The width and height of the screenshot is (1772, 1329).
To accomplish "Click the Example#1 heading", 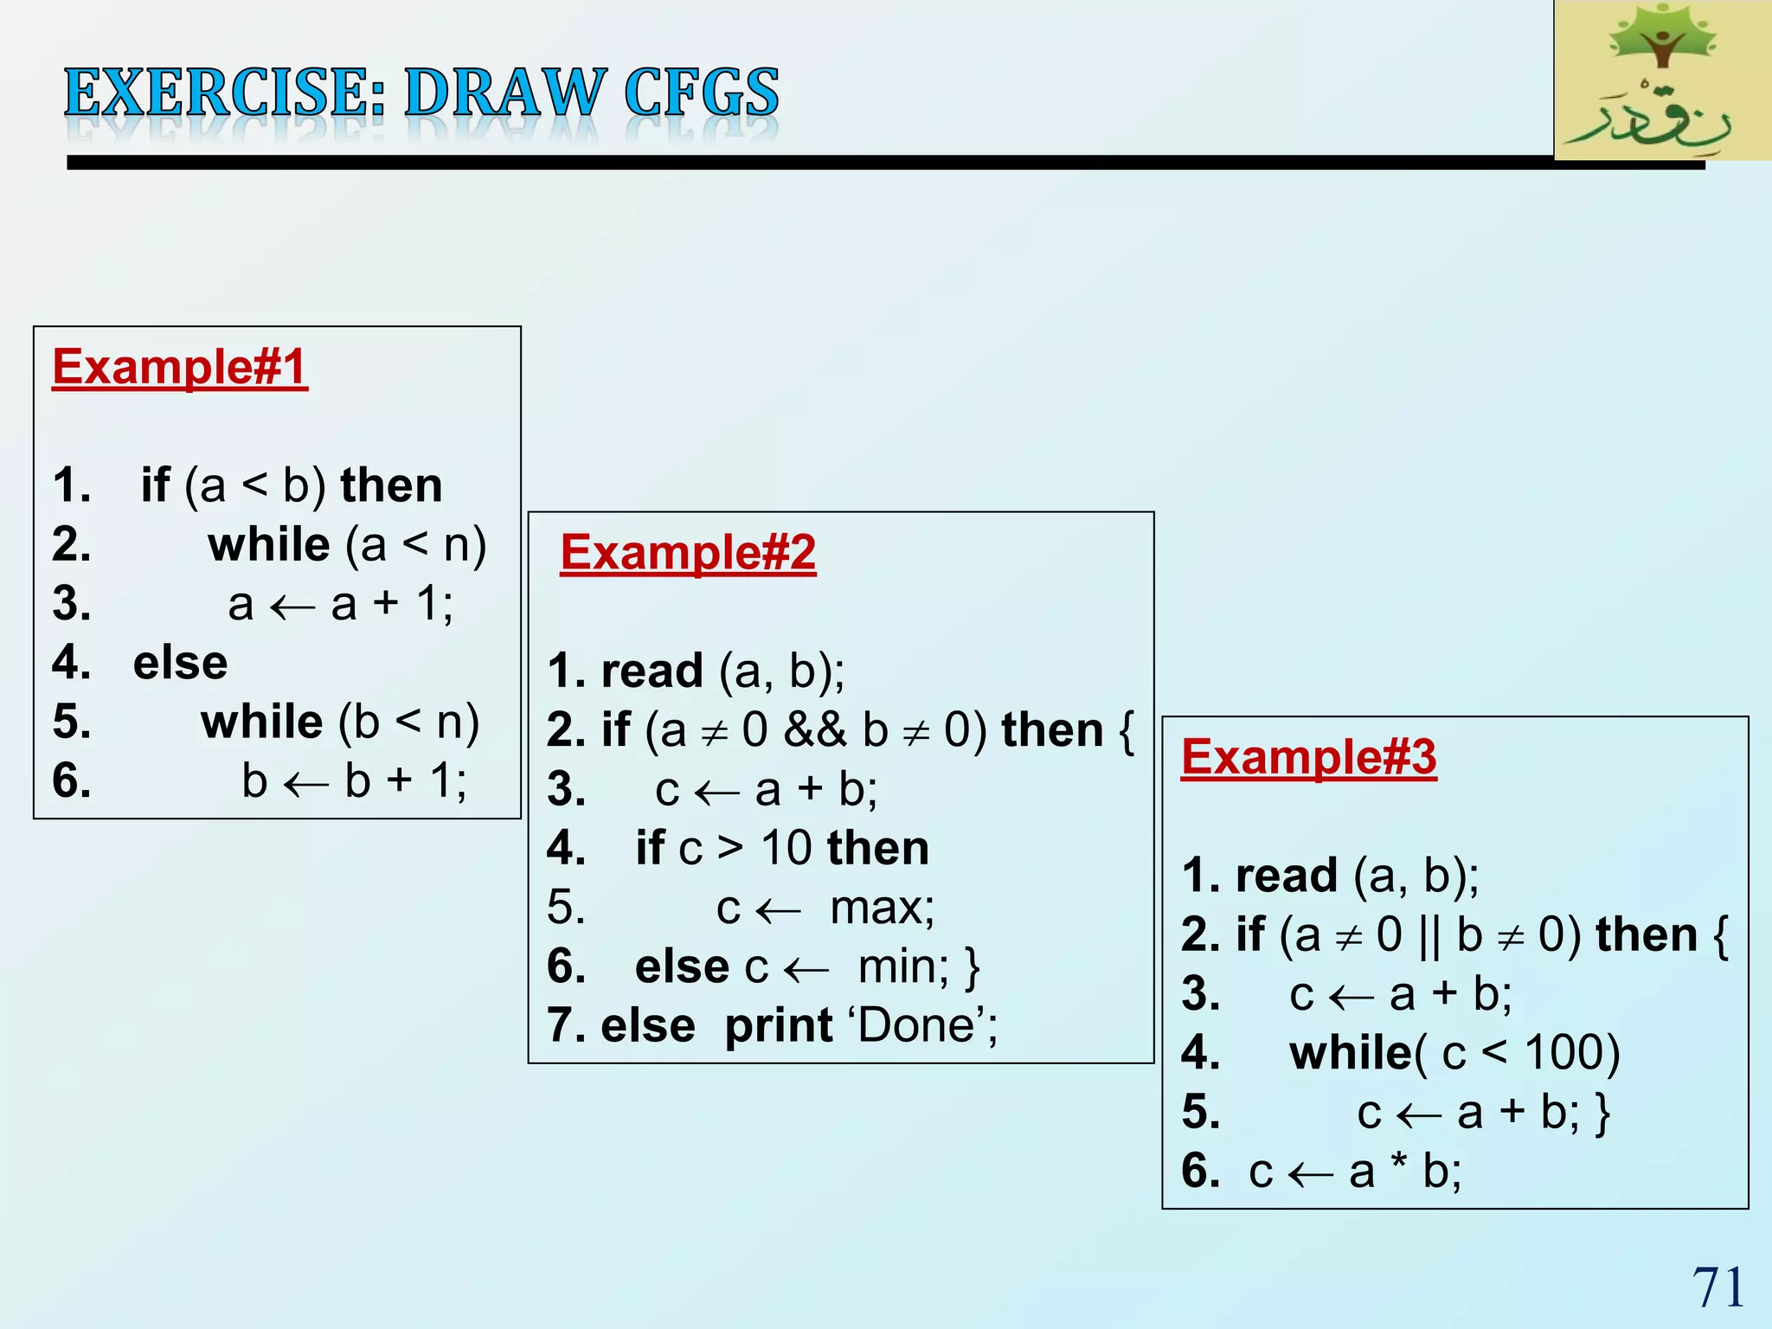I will [180, 367].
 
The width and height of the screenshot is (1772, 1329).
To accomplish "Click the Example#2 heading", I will [688, 552].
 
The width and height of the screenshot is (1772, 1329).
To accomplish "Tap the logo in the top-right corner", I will [1662, 80].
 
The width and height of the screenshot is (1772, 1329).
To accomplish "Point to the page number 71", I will [1717, 1287].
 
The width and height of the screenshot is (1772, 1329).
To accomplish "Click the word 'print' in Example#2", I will [779, 1026].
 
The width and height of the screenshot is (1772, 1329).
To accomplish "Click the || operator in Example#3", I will [1429, 934].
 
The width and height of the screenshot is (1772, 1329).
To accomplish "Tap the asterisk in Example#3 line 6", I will [1398, 1164].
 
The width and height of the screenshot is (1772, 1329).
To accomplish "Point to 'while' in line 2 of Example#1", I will [269, 545].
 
